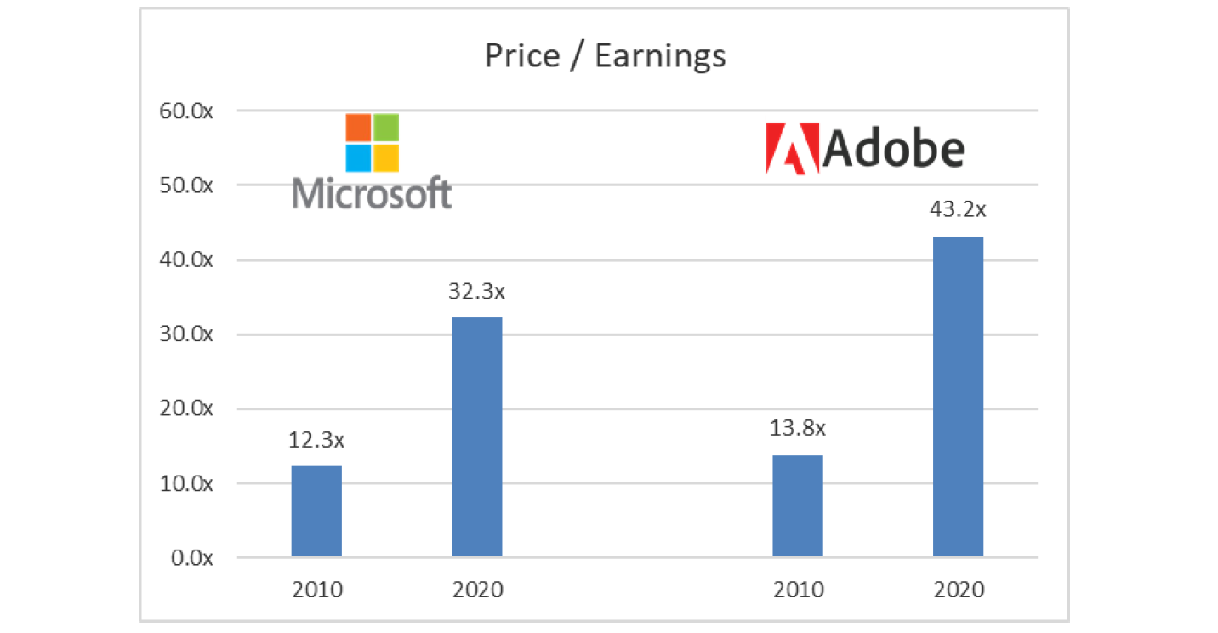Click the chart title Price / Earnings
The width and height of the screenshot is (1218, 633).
tap(605, 56)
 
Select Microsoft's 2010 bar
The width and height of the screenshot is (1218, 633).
tap(316, 511)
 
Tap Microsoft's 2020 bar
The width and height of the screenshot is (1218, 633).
tap(476, 437)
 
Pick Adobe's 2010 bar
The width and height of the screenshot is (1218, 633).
tap(797, 506)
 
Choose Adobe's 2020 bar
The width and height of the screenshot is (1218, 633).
tap(958, 396)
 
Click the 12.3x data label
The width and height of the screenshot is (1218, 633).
tap(316, 442)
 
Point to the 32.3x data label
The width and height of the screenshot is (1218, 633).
tap(476, 292)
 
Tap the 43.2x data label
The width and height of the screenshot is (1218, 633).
tap(958, 211)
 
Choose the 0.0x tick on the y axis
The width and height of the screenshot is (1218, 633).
tap(193, 558)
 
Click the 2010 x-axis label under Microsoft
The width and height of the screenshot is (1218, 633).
tap(316, 590)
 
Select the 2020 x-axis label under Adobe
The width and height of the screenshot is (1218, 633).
tap(958, 590)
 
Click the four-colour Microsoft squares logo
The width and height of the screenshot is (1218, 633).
tap(372, 142)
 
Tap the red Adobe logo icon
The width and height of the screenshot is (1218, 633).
tap(792, 149)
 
